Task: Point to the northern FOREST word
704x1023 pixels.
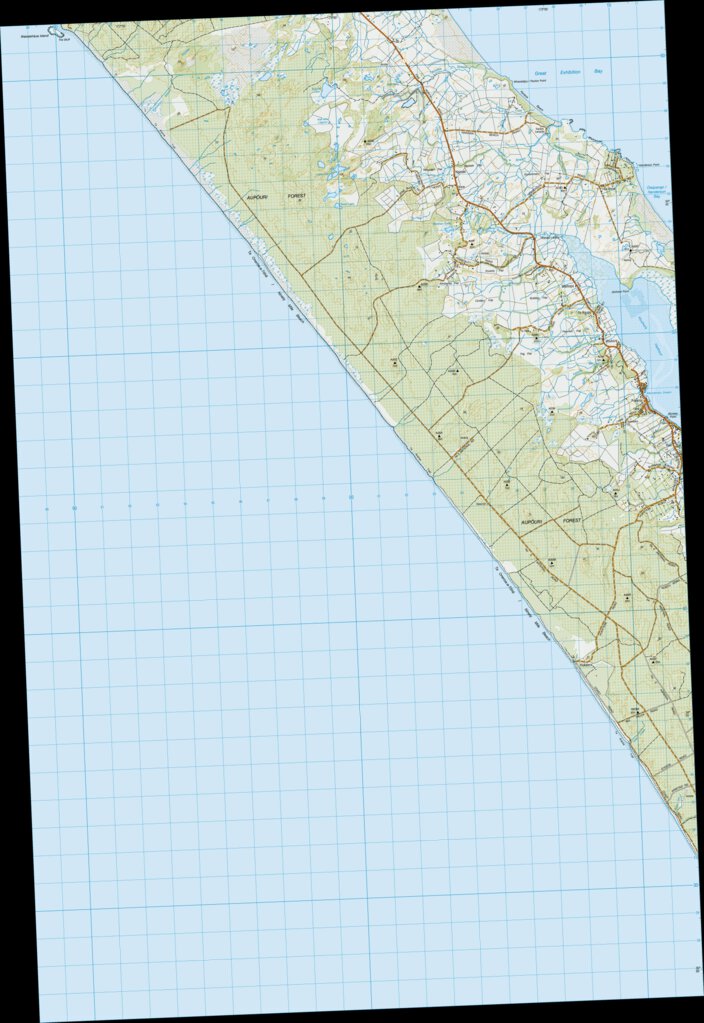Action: click(x=293, y=197)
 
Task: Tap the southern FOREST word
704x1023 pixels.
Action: click(x=571, y=521)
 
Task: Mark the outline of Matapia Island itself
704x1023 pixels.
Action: click(x=59, y=33)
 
